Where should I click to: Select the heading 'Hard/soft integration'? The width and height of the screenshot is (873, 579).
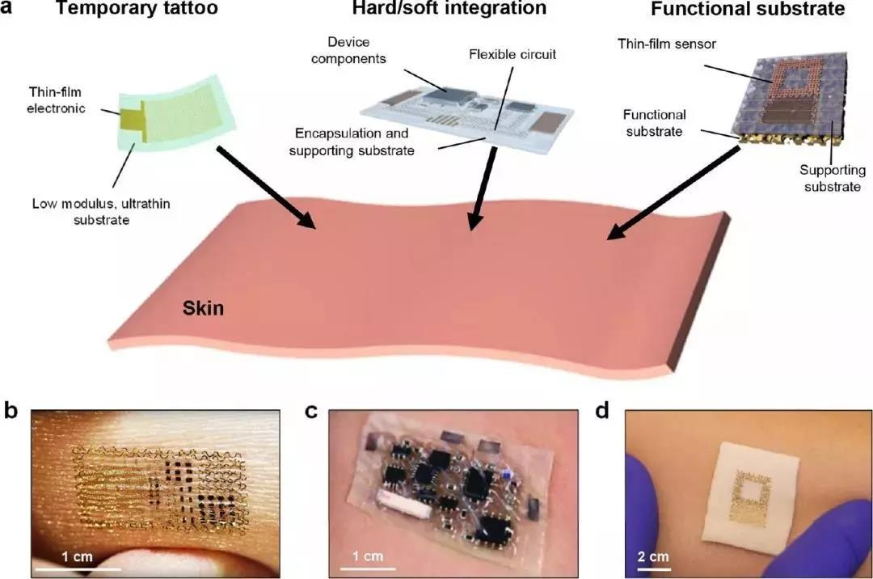[x=449, y=10]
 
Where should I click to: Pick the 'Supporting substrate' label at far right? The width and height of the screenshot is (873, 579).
[x=833, y=178]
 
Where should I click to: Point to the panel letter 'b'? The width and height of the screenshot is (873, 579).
[x=11, y=411]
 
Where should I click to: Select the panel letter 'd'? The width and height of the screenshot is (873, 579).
[x=602, y=411]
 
